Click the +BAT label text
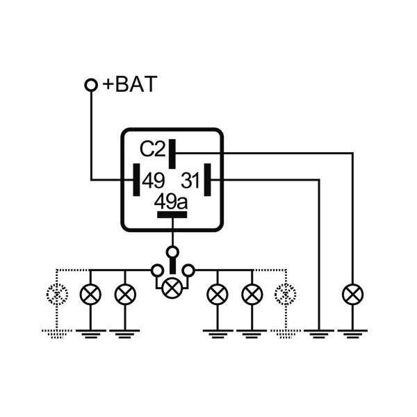tap(130, 85)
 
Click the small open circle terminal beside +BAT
tap(90, 85)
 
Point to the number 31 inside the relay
tap(190, 181)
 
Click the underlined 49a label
tap(170, 202)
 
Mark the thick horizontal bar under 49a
tap(172, 215)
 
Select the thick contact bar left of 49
tap(136, 181)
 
